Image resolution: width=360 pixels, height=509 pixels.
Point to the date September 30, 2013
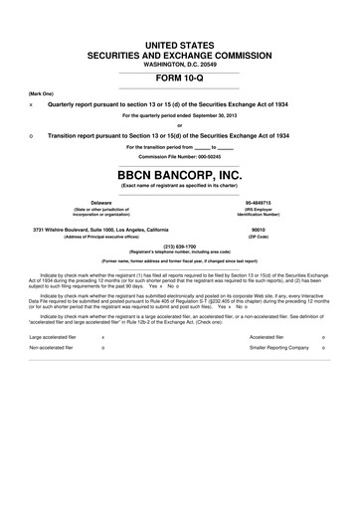click(221, 114)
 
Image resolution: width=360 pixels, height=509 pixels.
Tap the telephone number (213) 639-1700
click(180, 246)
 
